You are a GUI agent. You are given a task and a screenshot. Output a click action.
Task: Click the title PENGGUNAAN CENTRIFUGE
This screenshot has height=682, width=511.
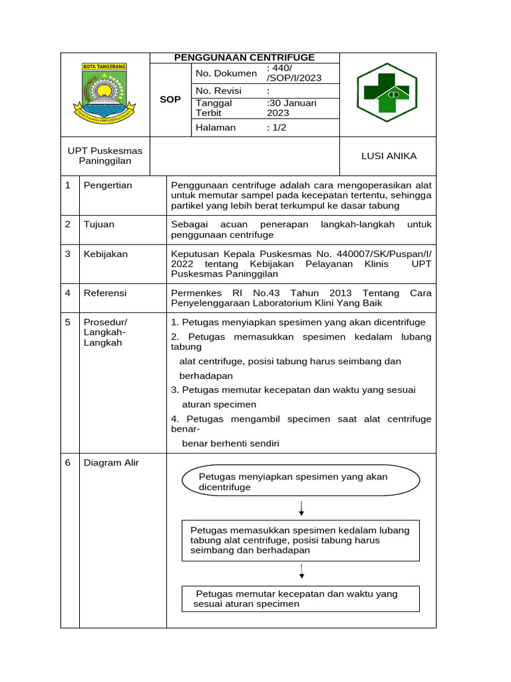[244, 58]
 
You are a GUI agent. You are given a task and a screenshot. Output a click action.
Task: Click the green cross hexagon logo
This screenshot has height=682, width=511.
[387, 93]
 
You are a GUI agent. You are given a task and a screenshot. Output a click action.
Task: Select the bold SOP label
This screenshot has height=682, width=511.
[170, 99]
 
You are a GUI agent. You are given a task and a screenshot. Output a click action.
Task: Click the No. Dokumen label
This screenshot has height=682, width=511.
[226, 73]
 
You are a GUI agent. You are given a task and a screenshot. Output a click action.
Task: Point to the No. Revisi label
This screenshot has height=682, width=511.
[218, 91]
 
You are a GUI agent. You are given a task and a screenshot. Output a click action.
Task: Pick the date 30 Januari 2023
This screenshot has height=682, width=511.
[292, 108]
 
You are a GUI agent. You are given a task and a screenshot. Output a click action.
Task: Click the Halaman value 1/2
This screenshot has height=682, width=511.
[277, 127]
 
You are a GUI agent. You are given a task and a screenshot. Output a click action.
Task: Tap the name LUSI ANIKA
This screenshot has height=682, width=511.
[389, 156]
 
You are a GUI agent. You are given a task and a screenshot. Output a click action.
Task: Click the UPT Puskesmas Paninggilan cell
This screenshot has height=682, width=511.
[105, 156]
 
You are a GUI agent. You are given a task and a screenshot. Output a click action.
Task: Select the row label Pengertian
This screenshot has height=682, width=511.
[108, 185]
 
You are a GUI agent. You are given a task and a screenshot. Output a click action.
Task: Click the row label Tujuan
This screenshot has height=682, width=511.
[98, 224]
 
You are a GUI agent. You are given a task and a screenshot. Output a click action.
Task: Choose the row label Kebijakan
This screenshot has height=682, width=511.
[105, 254]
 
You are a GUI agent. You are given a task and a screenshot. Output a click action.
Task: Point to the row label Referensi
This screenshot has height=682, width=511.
[105, 292]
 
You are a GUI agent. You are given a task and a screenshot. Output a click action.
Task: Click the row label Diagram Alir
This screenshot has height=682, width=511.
[111, 463]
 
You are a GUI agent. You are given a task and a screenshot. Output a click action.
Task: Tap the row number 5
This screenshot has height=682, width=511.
[68, 322]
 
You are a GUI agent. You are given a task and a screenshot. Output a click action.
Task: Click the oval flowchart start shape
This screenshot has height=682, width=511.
[301, 481]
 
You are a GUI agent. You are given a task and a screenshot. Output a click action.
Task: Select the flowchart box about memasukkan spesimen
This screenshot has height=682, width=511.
[301, 540]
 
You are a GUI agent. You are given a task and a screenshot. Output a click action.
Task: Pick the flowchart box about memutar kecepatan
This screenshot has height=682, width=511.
[301, 599]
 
